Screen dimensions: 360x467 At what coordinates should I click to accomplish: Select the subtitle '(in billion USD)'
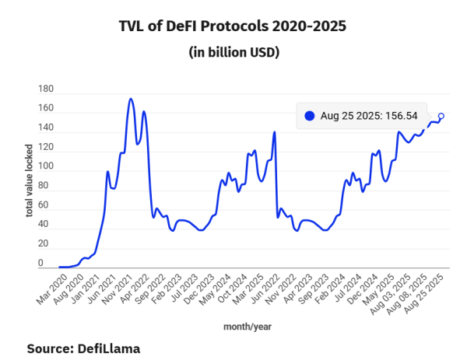233,53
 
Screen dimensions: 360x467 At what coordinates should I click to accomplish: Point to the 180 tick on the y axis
44,89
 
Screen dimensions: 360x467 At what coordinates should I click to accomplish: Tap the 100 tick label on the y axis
44,166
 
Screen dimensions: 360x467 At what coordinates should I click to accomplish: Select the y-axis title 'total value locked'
29,180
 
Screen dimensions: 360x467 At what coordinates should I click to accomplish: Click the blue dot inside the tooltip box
310,116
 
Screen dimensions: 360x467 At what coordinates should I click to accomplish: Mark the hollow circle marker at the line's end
441,116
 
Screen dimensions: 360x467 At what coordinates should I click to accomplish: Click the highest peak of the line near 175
130,99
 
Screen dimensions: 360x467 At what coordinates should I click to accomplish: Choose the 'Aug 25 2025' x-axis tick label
430,294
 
